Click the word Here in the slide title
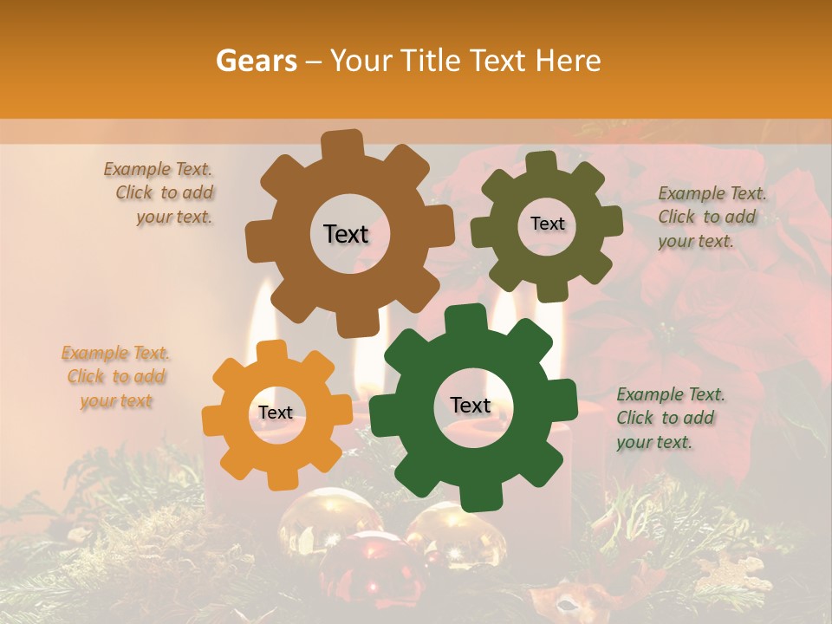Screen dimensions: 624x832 [568, 61]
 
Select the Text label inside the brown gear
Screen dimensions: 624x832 [346, 234]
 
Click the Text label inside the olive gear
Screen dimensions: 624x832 [547, 224]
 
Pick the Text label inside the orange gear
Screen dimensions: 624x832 [276, 413]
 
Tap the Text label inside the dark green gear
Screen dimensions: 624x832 [471, 406]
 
